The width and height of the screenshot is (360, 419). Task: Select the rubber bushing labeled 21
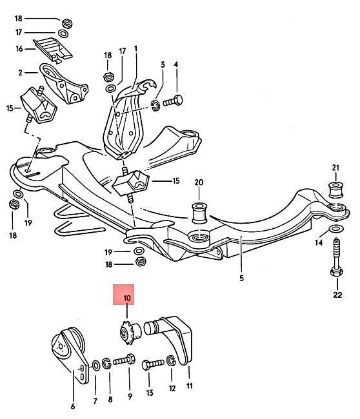point(335,191)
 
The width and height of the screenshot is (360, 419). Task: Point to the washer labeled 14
point(335,230)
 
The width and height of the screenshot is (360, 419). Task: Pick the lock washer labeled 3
point(155,104)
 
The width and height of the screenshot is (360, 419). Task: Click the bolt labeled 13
point(152,364)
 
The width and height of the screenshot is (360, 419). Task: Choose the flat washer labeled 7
point(95,365)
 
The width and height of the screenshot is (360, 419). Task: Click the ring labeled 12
point(172,362)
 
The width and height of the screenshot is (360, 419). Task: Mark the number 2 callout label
point(20,72)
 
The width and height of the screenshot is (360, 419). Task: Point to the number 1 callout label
point(136,49)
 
